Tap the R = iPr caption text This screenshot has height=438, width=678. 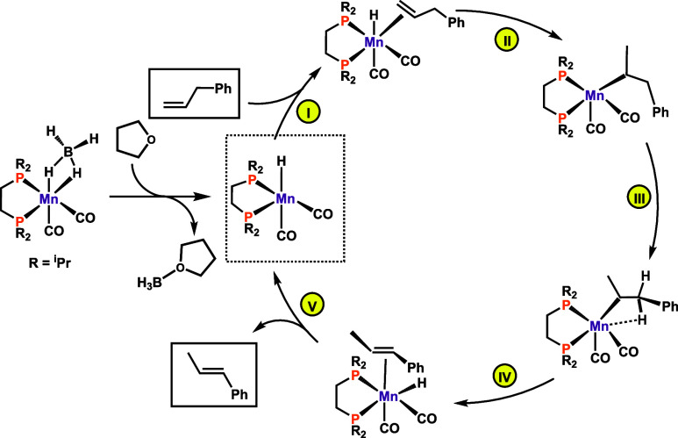click(x=49, y=258)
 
